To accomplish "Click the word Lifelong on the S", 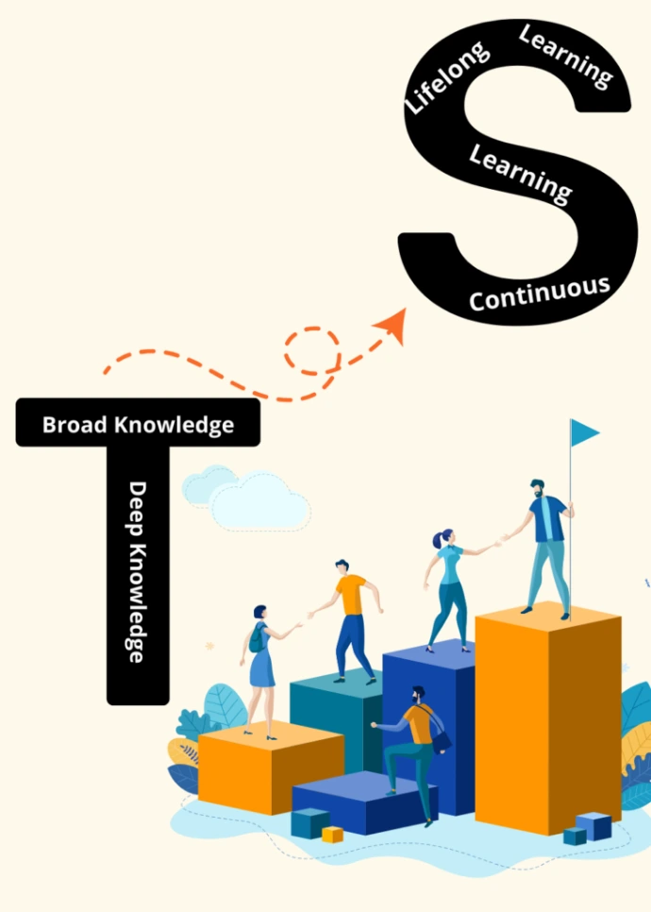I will pos(447,77).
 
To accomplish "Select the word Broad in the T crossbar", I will pos(75,425).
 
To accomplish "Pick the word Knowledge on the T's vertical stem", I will pos(138,600).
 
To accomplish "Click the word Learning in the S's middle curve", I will pos(521,173).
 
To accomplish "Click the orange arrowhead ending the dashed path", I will pos(392,326).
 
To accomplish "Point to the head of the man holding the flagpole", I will pos(537,488).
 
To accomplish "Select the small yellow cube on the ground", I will pos(332,835).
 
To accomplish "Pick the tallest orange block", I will pos(547,718).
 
